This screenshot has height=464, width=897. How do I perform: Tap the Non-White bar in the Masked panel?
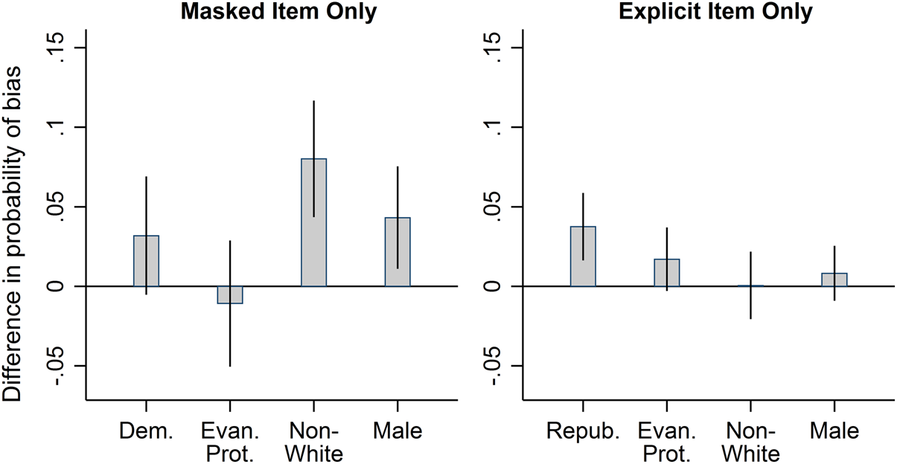[313, 222]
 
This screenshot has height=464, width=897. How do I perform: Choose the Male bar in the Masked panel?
[398, 252]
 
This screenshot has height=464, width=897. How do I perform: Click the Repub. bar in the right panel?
[583, 257]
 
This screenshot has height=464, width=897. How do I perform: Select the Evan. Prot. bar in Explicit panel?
[667, 273]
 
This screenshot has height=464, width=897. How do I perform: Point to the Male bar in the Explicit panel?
[834, 280]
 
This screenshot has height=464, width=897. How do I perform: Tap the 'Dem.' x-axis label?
[146, 431]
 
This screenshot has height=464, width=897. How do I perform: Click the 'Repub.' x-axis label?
[583, 431]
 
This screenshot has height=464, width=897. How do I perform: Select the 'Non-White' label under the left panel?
[313, 442]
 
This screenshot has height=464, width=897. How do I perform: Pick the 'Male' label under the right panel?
[834, 431]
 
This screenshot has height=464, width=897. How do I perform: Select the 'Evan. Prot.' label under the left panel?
[230, 442]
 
